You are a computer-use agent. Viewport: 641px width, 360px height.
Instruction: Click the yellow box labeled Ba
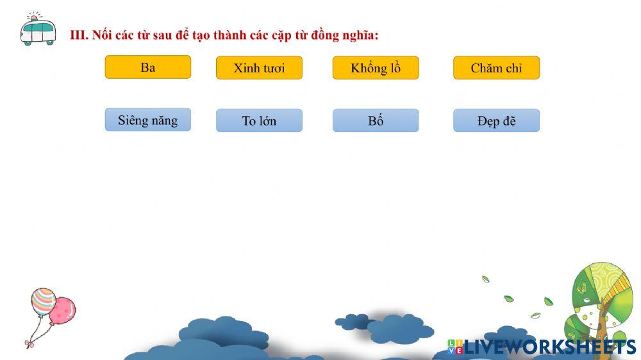click(x=147, y=67)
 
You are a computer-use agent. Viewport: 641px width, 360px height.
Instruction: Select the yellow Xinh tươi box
click(x=259, y=68)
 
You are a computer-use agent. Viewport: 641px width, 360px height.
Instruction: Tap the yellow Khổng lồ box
click(x=375, y=68)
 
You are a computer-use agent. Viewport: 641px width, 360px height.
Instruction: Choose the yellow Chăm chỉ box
click(x=496, y=68)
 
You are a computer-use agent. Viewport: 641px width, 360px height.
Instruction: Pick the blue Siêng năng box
click(x=147, y=120)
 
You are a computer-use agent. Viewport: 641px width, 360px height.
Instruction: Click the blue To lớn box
click(x=259, y=120)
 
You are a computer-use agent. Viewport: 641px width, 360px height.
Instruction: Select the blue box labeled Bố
click(x=375, y=120)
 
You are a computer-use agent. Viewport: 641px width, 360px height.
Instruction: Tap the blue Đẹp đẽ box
click(x=496, y=120)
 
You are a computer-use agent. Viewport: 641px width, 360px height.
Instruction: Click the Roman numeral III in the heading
click(x=78, y=35)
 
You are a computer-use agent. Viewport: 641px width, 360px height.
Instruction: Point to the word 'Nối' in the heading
click(x=101, y=35)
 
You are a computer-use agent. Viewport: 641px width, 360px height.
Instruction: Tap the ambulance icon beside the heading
click(x=38, y=29)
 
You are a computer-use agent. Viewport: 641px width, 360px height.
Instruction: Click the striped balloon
click(x=43, y=302)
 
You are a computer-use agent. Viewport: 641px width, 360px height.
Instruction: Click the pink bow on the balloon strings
click(x=29, y=344)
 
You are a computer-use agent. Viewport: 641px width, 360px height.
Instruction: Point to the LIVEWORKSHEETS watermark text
click(x=549, y=347)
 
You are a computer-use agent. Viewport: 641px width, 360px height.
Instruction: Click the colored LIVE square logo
click(x=455, y=347)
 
